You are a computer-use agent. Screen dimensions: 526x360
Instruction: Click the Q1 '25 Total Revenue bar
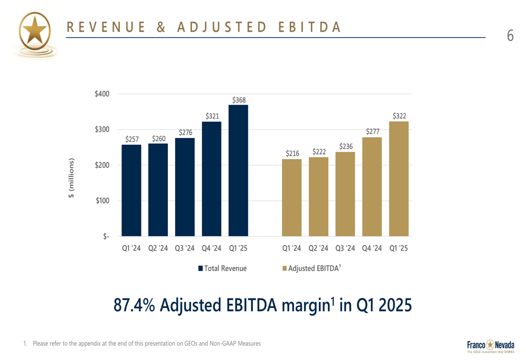click(x=238, y=171)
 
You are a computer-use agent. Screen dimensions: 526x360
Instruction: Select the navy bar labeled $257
click(x=131, y=190)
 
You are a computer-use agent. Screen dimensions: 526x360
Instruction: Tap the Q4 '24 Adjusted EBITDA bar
click(x=372, y=187)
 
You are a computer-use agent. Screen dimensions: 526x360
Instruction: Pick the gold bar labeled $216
click(x=291, y=198)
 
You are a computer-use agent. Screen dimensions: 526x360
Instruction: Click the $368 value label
click(x=239, y=100)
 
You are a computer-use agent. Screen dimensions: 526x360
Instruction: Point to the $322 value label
click(x=399, y=116)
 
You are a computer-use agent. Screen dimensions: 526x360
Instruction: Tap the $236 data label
click(x=346, y=147)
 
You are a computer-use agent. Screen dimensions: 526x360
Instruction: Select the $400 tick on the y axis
click(x=102, y=94)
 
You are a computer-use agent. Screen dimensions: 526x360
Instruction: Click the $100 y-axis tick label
click(x=103, y=201)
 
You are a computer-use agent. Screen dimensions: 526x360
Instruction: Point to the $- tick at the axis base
click(x=106, y=236)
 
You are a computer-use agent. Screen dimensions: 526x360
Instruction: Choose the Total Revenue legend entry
click(x=222, y=269)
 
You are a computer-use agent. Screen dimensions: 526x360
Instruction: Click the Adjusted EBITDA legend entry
click(x=311, y=268)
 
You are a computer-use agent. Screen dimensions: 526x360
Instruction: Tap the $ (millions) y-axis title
click(x=71, y=178)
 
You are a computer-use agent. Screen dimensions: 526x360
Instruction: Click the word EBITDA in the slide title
click(x=309, y=27)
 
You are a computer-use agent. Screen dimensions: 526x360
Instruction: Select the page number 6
click(x=510, y=36)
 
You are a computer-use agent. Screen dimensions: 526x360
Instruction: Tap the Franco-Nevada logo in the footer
click(x=490, y=346)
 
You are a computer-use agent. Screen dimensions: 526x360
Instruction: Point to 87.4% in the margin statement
click(x=134, y=305)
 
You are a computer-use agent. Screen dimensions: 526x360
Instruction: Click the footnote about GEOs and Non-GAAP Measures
click(x=142, y=344)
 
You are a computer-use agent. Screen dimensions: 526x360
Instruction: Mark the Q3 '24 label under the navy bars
click(x=185, y=249)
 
